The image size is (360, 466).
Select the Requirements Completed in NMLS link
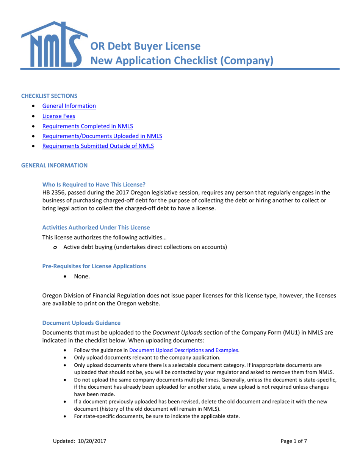(88, 126)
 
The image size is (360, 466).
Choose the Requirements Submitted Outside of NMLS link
(98, 145)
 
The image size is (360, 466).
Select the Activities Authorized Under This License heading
(96, 227)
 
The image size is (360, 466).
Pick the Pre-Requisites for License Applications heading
(94, 266)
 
